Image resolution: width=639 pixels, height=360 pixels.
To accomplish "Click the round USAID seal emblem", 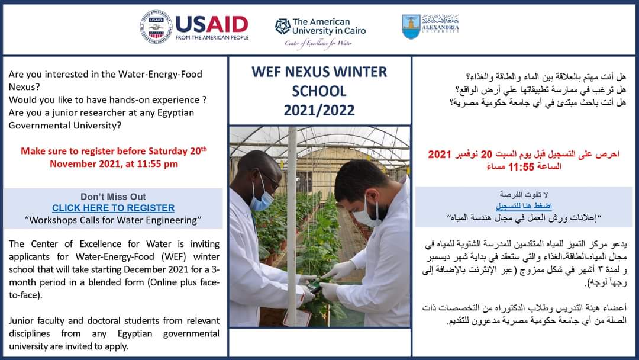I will click(156, 27).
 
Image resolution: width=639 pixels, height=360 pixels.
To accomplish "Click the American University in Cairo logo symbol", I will click(282, 26).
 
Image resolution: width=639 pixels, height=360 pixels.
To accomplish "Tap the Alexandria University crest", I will click(411, 27).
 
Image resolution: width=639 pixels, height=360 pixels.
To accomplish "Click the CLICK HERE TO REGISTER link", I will click(113, 208).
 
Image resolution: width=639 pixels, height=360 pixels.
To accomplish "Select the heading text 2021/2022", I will click(319, 110).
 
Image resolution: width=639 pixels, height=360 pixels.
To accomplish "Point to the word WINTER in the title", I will click(359, 72).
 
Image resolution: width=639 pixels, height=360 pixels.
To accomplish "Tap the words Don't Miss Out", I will click(113, 197).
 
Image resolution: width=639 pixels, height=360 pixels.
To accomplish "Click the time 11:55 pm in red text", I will click(155, 163).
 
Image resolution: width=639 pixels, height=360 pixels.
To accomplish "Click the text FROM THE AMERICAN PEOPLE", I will click(212, 37).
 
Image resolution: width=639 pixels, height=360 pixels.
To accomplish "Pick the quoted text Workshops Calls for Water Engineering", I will click(113, 220).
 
